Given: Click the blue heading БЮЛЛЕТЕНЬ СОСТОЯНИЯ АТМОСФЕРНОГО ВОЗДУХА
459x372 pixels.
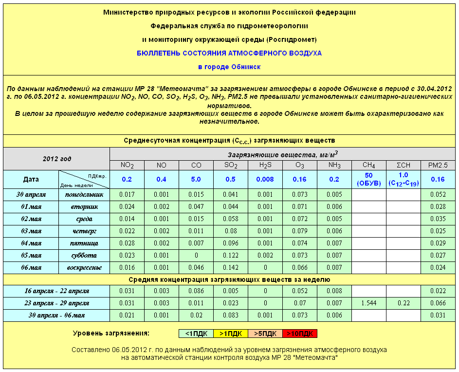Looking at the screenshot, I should pos(229,53).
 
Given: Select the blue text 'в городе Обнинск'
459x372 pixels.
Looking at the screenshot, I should pos(229,67).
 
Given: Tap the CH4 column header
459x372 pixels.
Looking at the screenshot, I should pos(368,165).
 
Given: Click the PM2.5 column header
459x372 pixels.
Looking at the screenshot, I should pos(438,165).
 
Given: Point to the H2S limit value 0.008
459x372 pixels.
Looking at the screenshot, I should pos(265,179).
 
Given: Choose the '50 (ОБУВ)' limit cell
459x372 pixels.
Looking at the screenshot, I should pos(368,179).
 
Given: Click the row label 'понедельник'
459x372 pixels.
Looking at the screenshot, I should pos(84,195).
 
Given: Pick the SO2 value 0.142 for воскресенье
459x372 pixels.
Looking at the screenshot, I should pos(230,268).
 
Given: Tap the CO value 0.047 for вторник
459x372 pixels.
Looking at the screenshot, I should pos(196,207).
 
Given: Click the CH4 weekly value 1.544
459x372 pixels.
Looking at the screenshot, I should pos(368,303).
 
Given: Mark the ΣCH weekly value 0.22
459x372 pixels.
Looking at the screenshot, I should pos(403,303).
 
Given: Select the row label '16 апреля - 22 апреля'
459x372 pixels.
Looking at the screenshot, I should pos(56,291).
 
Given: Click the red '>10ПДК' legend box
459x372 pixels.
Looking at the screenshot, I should pos(300,334).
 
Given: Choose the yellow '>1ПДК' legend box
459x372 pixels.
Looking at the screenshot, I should pos(230,334).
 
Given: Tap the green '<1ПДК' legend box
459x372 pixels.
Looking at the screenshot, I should pos(196,334).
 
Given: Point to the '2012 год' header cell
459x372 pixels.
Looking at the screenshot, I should pos(56,159).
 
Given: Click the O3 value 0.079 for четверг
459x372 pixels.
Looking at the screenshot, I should pos(299,231).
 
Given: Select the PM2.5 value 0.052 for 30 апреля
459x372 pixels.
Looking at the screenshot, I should pos(438,195).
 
